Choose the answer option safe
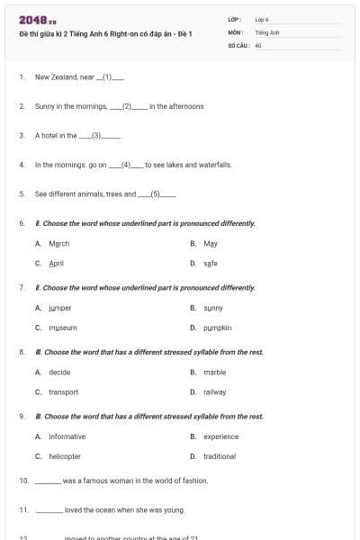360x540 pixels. click(x=211, y=264)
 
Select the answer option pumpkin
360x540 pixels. click(x=217, y=328)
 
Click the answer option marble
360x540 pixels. click(x=214, y=372)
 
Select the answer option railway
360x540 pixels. click(x=214, y=392)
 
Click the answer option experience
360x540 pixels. click(x=220, y=436)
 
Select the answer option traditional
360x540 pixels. click(x=220, y=456)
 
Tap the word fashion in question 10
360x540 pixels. click(x=193, y=481)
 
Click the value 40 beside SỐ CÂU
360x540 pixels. click(x=258, y=44)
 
